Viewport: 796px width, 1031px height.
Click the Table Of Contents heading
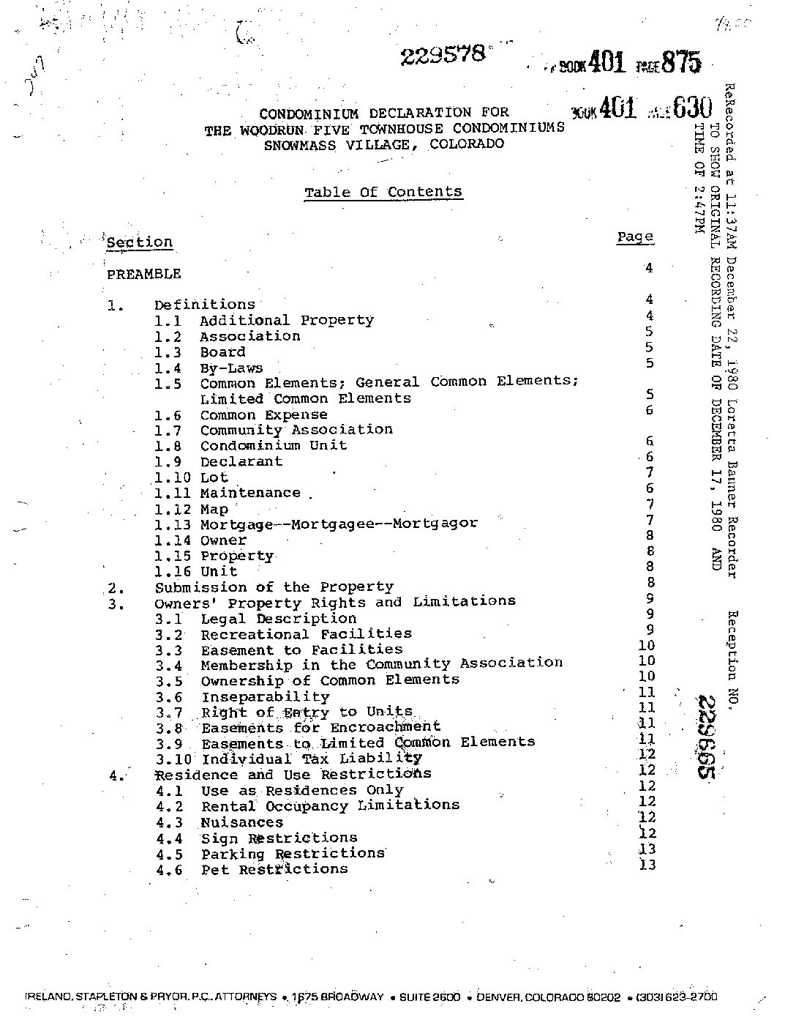[x=383, y=193]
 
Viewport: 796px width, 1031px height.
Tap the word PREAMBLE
[x=143, y=274]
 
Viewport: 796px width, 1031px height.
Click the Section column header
[x=139, y=242]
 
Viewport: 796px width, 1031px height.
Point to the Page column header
[x=634, y=237]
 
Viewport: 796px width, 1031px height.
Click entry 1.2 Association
[x=249, y=336]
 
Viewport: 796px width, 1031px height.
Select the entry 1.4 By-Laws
[x=230, y=368]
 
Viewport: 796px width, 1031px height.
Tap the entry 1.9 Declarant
[x=241, y=461]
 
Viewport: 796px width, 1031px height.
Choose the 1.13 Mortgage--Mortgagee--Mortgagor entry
[x=338, y=524]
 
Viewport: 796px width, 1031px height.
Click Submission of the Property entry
[x=274, y=587]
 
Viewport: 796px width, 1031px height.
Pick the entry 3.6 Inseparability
[x=265, y=697]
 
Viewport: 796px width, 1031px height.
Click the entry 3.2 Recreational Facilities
[x=306, y=634]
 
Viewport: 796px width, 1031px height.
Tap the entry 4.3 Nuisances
[x=241, y=822]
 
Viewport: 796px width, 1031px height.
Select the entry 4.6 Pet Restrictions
[x=274, y=870]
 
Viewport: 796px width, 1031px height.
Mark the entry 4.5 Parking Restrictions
[x=293, y=854]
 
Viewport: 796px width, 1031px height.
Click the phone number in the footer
[x=677, y=997]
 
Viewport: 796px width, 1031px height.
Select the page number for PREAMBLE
[x=648, y=268]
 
